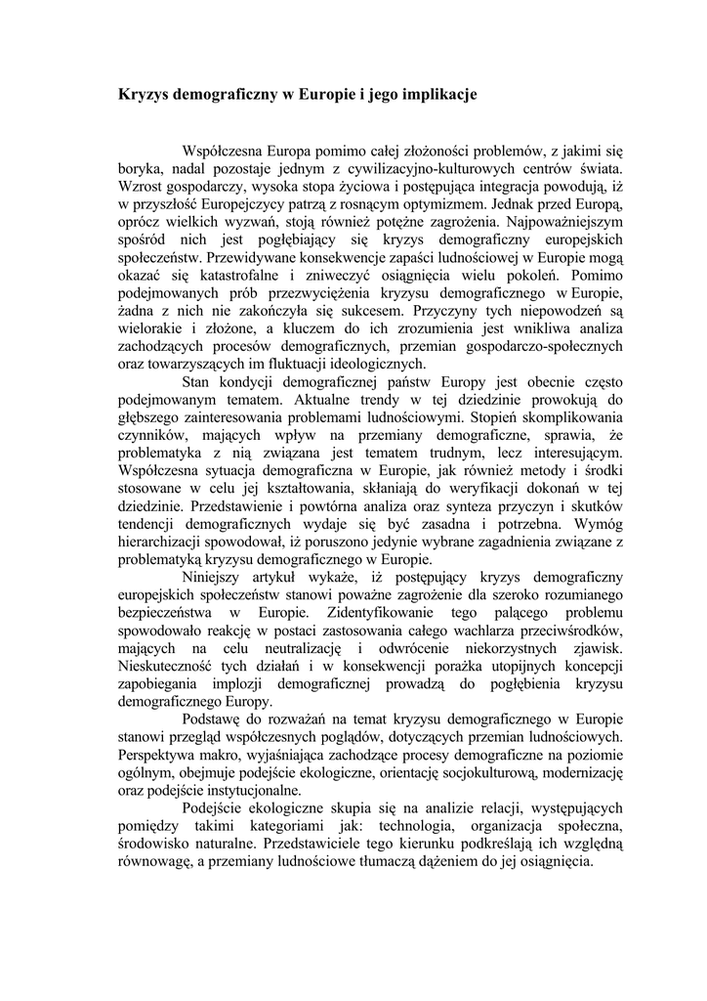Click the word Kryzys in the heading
143,96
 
